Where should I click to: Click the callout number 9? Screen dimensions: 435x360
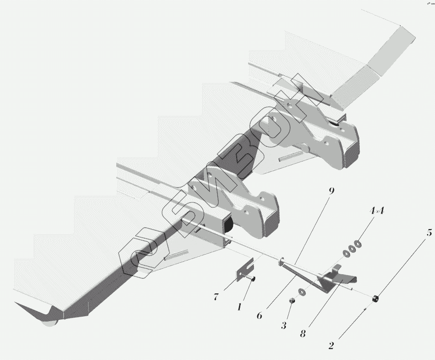pos(331,191)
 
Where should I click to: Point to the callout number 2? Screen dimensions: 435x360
pos(331,345)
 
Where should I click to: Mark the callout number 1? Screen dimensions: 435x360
pos(238,308)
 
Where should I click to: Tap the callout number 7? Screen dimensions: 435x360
pos(216,297)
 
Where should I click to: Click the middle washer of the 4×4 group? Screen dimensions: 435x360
pos(352,249)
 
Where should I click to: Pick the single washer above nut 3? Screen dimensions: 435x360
pos(301,292)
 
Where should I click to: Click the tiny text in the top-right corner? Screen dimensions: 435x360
pos(430,3)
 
